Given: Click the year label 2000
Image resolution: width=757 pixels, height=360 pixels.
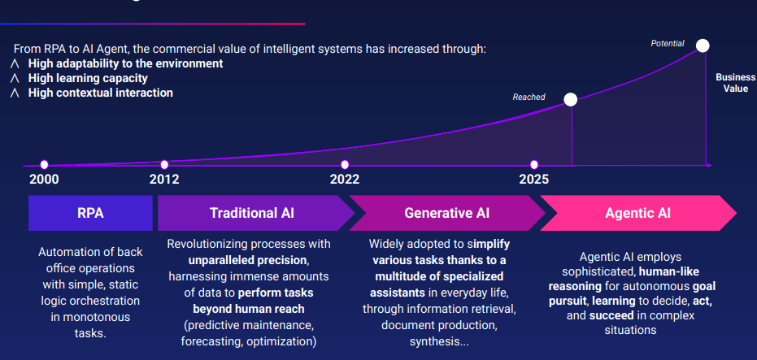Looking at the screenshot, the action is tap(44, 180).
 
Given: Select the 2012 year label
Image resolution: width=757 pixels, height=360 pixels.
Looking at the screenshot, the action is tap(164, 180).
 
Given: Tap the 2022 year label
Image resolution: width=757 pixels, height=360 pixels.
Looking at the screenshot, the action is tap(345, 180).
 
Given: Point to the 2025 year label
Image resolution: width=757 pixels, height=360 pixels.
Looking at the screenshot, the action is tap(534, 180).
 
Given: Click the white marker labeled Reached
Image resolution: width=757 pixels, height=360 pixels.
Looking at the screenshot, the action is tap(571, 99).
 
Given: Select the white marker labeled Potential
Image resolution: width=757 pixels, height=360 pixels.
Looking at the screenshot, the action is tap(703, 46).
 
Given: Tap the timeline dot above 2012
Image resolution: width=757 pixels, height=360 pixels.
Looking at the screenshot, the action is tap(164, 164).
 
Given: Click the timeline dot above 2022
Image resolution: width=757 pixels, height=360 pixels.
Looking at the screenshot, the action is tap(345, 164).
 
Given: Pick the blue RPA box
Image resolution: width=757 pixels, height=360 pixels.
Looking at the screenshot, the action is tap(91, 213).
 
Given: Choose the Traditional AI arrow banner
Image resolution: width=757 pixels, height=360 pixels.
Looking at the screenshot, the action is tap(255, 213).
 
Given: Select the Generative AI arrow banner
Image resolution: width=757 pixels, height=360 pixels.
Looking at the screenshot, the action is tap(446, 213).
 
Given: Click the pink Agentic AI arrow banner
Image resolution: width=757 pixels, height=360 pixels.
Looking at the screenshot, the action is tap(638, 213).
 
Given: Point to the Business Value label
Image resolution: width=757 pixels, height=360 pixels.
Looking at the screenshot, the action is tap(735, 83).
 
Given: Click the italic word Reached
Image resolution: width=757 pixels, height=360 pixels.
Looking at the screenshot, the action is tap(529, 97).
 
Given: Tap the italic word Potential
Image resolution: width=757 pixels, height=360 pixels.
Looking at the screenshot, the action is tap(668, 43).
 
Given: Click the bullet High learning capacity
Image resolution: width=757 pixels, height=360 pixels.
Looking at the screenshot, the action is tap(88, 78).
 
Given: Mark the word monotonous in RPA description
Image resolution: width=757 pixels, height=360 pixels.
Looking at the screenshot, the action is tap(90, 317).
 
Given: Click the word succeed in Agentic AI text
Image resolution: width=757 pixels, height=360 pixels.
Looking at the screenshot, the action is tap(611, 315).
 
